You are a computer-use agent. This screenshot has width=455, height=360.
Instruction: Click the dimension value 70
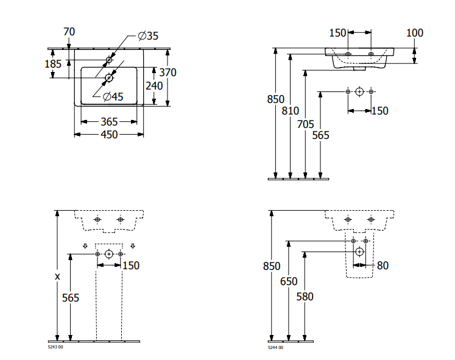[x=69, y=31]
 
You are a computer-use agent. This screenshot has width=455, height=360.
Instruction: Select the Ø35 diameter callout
[x=147, y=37]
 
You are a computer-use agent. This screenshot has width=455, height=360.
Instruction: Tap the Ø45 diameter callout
[x=113, y=96]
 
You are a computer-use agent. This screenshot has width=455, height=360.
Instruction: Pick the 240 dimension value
[x=154, y=86]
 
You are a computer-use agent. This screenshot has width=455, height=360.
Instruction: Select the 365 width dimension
[x=109, y=122]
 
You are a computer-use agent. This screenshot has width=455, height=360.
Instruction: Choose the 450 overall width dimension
[x=109, y=135]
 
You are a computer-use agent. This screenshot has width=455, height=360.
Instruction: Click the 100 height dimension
[x=415, y=32]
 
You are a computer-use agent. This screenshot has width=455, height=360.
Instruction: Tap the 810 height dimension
[x=291, y=110]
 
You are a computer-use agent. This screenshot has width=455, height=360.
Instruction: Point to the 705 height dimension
[x=306, y=124]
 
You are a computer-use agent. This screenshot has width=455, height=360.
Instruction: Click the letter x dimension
[x=58, y=276]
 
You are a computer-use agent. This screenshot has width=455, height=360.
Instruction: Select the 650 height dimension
[x=289, y=281]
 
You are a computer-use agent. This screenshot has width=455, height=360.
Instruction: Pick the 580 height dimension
[x=305, y=297]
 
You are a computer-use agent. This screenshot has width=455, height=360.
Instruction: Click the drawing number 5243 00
[x=55, y=347]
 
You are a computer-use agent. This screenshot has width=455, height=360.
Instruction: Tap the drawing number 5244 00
[x=275, y=347]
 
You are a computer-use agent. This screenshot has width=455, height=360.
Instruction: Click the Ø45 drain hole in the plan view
[x=110, y=77]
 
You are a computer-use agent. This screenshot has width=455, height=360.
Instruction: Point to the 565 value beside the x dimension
[x=71, y=297]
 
